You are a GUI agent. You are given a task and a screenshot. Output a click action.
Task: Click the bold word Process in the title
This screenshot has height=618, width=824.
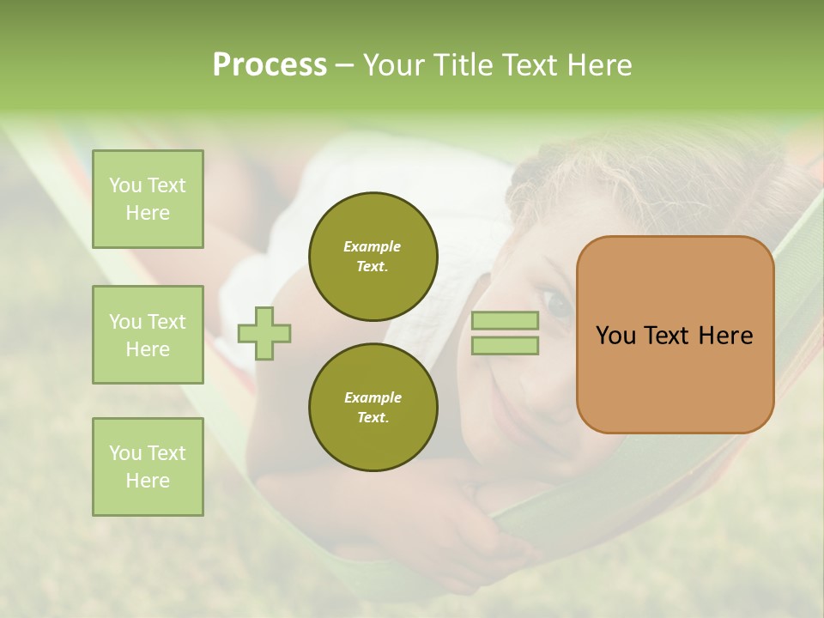270,65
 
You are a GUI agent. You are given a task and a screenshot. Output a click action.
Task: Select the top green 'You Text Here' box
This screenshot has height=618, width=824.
148,199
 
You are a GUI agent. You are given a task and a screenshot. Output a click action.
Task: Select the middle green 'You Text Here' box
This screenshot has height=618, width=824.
148,335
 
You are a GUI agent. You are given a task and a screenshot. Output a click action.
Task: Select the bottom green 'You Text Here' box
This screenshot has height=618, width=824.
148,467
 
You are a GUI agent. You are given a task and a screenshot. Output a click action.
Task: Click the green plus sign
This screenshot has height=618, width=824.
264,332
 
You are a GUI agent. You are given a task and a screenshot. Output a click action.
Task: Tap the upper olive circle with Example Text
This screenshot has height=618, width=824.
373,257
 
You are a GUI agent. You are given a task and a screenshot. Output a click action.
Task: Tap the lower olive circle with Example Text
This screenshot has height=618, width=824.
373,408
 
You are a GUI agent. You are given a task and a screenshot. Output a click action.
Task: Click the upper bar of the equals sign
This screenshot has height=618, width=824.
505,320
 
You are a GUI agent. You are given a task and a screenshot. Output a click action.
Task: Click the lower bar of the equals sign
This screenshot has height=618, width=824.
505,345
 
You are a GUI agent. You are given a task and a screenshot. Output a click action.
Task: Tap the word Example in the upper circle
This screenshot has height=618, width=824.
373,246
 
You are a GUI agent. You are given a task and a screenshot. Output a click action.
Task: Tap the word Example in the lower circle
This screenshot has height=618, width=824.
373,397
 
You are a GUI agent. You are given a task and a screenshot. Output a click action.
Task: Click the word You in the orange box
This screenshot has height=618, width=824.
615,336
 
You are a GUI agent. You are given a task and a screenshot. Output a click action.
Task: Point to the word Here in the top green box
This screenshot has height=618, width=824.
148,213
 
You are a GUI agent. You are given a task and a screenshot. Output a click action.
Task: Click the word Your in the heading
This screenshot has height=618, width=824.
397,65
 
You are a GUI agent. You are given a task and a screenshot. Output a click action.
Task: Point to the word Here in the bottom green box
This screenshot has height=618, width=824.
148,481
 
